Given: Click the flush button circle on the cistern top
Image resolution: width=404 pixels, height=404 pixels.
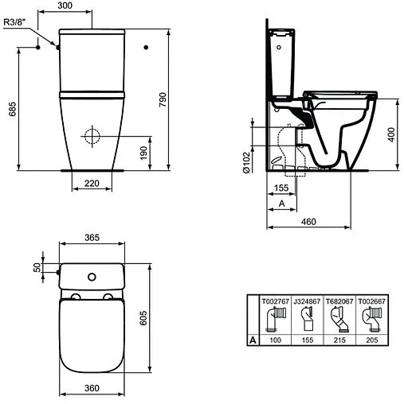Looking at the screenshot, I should (92, 276).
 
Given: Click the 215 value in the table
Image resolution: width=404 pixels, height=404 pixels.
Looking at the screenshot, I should (340, 340).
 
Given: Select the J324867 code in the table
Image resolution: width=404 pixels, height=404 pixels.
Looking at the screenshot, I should (307, 302).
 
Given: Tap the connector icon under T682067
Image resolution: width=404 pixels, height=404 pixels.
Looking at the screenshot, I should (340, 320).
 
